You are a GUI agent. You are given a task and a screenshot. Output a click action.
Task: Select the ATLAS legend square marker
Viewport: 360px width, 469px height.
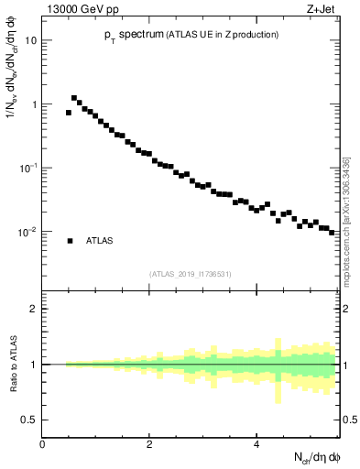click(x=70, y=241)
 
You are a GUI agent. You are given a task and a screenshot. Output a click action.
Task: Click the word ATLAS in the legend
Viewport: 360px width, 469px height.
click(x=99, y=241)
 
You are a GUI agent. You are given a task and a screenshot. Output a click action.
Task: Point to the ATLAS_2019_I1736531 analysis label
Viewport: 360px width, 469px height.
click(x=191, y=273)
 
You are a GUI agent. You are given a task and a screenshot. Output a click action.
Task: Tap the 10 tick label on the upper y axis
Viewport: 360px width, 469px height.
click(x=31, y=41)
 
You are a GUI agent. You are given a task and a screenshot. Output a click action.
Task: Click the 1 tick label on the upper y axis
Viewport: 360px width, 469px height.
click(x=34, y=104)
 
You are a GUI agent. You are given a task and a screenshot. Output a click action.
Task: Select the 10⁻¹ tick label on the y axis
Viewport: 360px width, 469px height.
click(x=29, y=168)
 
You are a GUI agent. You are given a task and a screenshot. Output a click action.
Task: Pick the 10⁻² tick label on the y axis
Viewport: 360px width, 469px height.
click(x=29, y=232)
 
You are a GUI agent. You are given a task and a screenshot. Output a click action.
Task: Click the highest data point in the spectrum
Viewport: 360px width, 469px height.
click(x=74, y=98)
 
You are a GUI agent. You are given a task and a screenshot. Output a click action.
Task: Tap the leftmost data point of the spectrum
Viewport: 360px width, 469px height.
click(x=69, y=113)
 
